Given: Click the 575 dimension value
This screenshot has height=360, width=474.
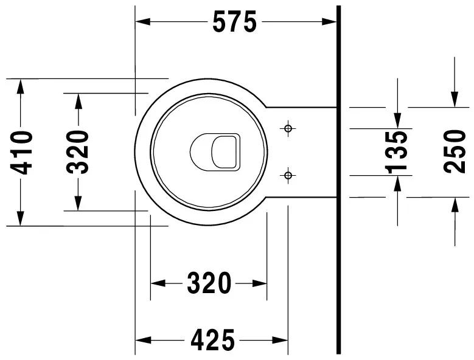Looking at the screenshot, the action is (235, 22).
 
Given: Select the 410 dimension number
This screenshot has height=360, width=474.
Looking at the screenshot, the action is (21, 153).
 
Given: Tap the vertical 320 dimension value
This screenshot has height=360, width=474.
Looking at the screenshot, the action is (78, 152).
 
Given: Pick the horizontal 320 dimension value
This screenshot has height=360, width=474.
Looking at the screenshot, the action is (209, 283).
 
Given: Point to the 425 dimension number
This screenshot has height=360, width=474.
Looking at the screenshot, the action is (212, 340).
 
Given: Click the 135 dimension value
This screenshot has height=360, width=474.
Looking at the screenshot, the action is (396, 153).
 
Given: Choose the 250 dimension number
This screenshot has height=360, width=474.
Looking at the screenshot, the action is (455, 151).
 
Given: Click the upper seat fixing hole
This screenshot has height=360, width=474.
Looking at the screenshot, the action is (288, 128).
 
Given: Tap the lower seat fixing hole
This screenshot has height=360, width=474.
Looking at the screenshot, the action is (288, 175).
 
